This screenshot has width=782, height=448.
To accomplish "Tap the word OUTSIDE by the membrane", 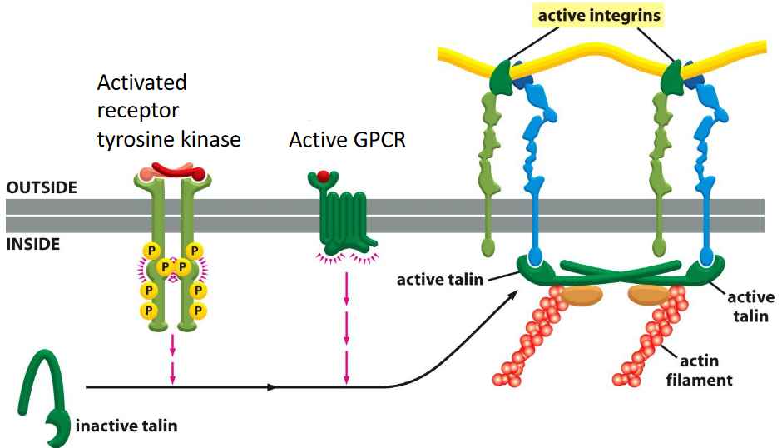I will point(42,188).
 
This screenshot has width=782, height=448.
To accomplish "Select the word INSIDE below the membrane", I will point(32,246).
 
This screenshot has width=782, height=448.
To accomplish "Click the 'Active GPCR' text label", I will point(347,139).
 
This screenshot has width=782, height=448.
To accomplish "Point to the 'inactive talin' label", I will point(126,426).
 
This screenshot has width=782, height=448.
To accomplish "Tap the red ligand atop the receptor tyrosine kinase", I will point(176,172).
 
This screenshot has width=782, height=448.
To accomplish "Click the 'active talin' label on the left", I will point(439,279).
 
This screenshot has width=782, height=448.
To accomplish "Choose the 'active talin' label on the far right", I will point(750,306).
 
